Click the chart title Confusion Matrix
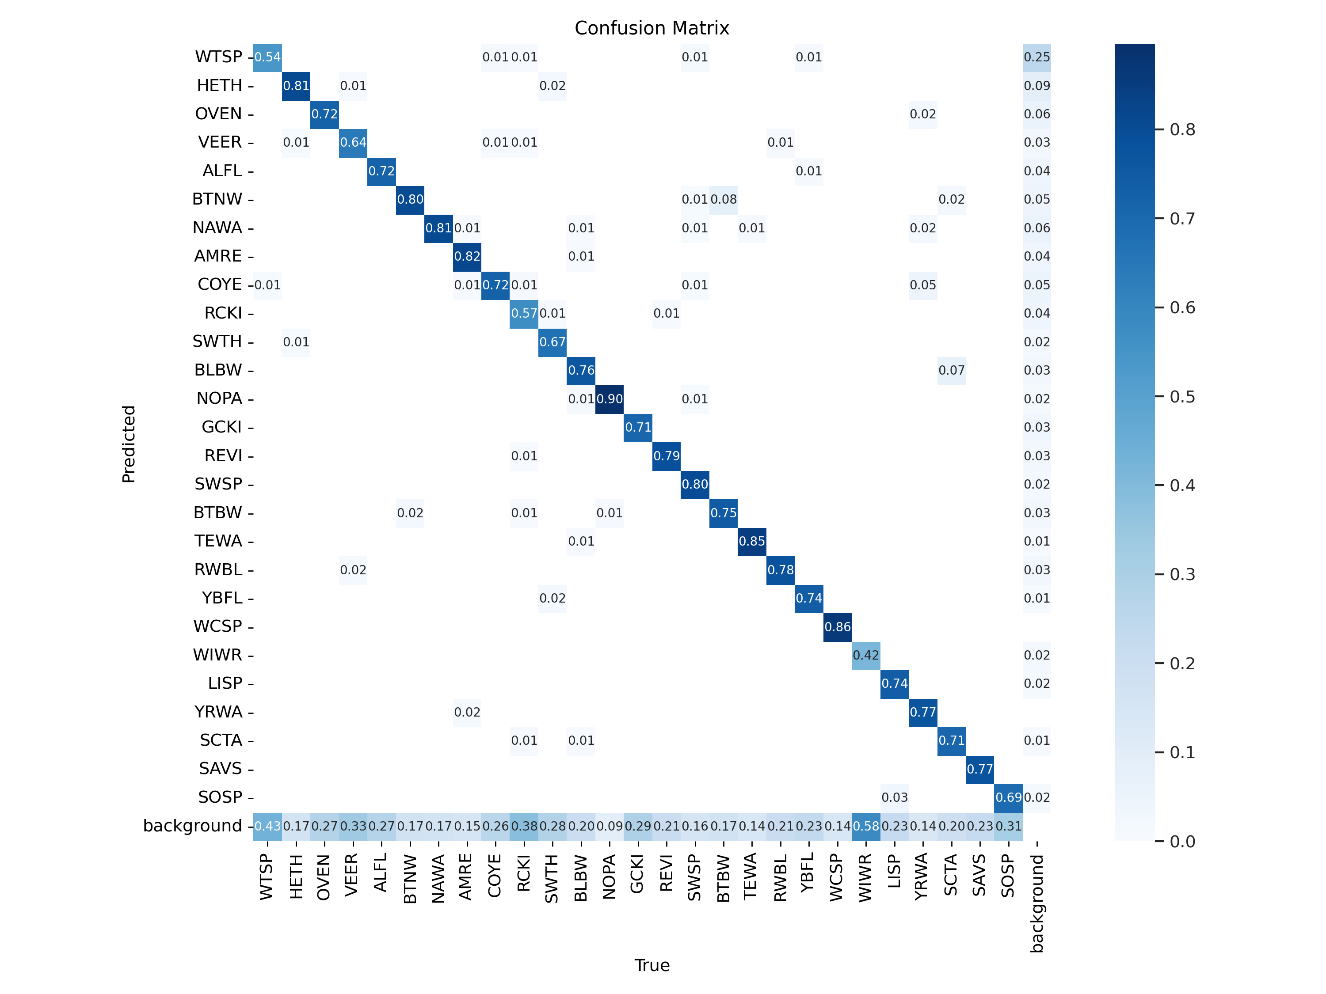(652, 28)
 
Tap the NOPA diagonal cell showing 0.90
(610, 399)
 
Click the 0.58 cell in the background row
(865, 826)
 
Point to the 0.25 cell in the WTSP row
(1036, 57)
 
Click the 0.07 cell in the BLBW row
(951, 370)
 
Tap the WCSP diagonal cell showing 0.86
(838, 627)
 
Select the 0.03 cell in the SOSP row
(895, 797)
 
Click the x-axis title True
(652, 965)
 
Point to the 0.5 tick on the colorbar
(1182, 397)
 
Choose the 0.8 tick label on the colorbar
(1182, 130)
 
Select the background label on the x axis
(1037, 903)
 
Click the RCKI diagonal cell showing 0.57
(524, 313)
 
